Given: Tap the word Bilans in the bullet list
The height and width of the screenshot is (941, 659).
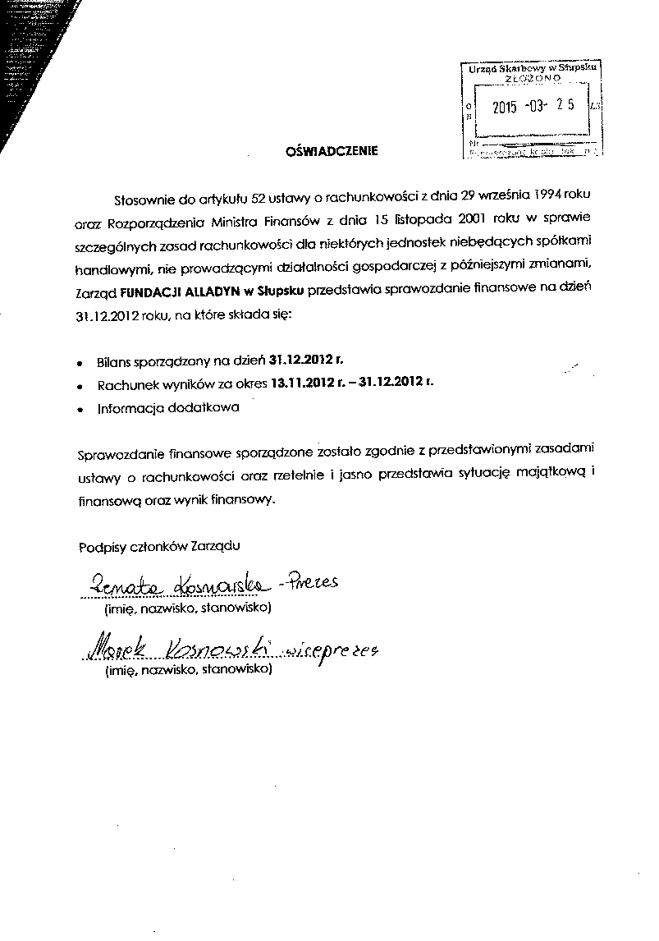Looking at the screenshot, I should [114, 360].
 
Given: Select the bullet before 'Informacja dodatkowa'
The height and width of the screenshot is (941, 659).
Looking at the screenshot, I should [80, 408].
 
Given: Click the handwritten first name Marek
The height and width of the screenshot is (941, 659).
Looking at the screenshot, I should [110, 649].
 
